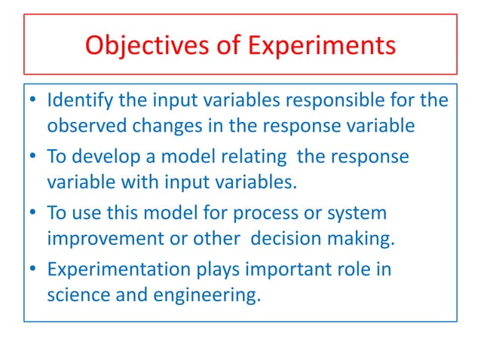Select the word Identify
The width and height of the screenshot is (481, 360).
(x=75, y=101)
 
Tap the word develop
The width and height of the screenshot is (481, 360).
(x=105, y=157)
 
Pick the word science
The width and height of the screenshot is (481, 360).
(x=75, y=294)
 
